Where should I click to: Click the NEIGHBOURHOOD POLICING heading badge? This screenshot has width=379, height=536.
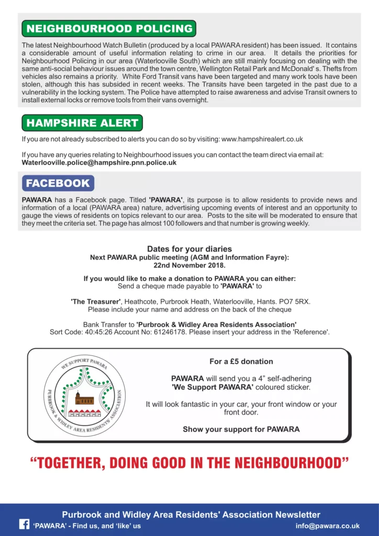tap(108, 28)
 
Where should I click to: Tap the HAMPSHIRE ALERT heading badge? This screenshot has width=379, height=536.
tap(82, 123)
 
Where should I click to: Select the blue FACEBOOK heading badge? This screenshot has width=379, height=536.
tap(58, 183)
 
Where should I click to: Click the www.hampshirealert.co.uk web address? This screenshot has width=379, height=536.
tap(262, 139)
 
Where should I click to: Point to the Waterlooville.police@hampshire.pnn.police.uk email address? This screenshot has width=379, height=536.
tap(99, 163)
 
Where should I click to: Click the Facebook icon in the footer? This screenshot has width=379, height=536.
tap(24, 524)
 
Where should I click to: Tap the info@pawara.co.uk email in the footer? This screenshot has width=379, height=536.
tap(327, 526)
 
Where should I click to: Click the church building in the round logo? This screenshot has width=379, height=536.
tap(84, 399)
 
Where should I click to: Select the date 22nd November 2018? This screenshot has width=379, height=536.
tap(189, 265)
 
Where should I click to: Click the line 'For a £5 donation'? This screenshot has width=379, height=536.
tap(241, 362)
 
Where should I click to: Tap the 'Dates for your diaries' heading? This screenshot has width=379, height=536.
tap(189, 249)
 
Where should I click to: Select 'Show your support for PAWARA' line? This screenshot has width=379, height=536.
tap(241, 429)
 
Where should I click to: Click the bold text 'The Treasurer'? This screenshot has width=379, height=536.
tap(96, 301)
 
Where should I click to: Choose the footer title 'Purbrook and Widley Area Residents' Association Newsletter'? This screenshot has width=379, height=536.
tap(191, 515)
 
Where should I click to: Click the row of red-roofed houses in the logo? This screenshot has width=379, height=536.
tap(84, 413)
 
